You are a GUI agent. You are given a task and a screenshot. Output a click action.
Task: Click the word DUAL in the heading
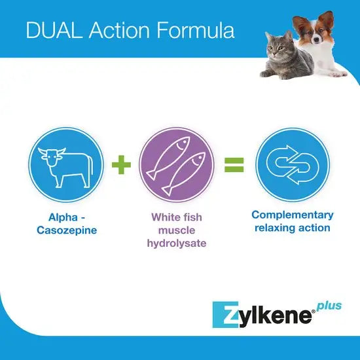(54, 30)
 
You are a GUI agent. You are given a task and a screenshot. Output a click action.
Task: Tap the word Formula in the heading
(196, 30)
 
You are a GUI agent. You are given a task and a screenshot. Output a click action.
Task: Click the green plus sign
(121, 164)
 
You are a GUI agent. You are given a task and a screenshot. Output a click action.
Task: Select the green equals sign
(234, 164)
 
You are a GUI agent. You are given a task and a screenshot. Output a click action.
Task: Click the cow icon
(66, 168)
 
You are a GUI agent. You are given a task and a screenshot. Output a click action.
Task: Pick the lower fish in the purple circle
(184, 174)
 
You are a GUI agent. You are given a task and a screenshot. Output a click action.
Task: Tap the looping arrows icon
(293, 164)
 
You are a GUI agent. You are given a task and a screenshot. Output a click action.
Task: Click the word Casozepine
(67, 230)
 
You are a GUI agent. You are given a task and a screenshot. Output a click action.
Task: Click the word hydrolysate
(177, 243)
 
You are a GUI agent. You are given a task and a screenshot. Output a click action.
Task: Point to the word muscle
(177, 230)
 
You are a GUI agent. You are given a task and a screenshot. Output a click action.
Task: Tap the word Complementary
(293, 215)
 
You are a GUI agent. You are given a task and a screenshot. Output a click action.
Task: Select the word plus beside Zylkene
(329, 306)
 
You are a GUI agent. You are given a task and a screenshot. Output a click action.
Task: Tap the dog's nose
(317, 40)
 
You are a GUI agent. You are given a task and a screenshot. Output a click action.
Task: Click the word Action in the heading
(119, 30)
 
